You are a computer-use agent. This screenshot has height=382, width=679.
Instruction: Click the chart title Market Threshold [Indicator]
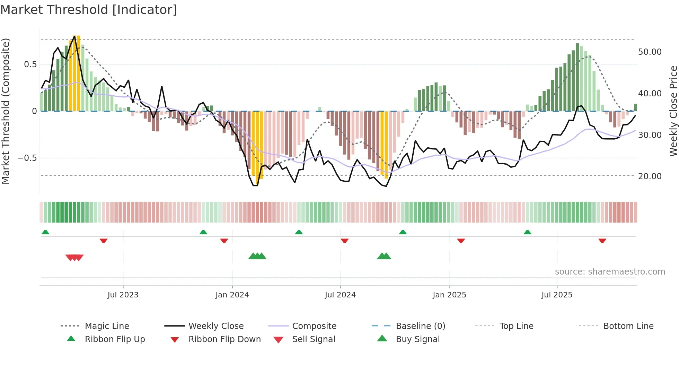click(x=89, y=10)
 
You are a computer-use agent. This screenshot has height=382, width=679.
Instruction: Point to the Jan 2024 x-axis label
click(x=232, y=295)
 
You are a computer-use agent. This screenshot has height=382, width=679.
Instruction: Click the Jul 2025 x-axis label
click(x=557, y=295)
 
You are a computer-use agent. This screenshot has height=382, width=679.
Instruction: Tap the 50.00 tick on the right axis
click(x=650, y=52)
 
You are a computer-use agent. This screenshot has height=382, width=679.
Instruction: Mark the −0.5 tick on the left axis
click(x=27, y=158)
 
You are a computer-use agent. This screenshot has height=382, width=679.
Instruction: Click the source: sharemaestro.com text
click(x=610, y=272)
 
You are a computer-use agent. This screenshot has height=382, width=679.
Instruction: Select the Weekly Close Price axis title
click(x=673, y=111)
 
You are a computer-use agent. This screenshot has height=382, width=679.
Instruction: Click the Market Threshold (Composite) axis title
click(x=6, y=111)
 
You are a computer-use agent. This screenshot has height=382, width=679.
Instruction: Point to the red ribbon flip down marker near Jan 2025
click(x=461, y=241)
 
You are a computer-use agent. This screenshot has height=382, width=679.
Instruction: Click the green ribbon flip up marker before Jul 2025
click(x=527, y=232)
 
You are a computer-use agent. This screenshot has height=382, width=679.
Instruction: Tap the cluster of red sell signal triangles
click(x=74, y=258)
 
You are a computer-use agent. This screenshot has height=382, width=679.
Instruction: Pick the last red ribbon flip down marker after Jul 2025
click(x=602, y=241)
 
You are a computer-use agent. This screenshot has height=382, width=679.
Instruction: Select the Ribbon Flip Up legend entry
click(x=115, y=339)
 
